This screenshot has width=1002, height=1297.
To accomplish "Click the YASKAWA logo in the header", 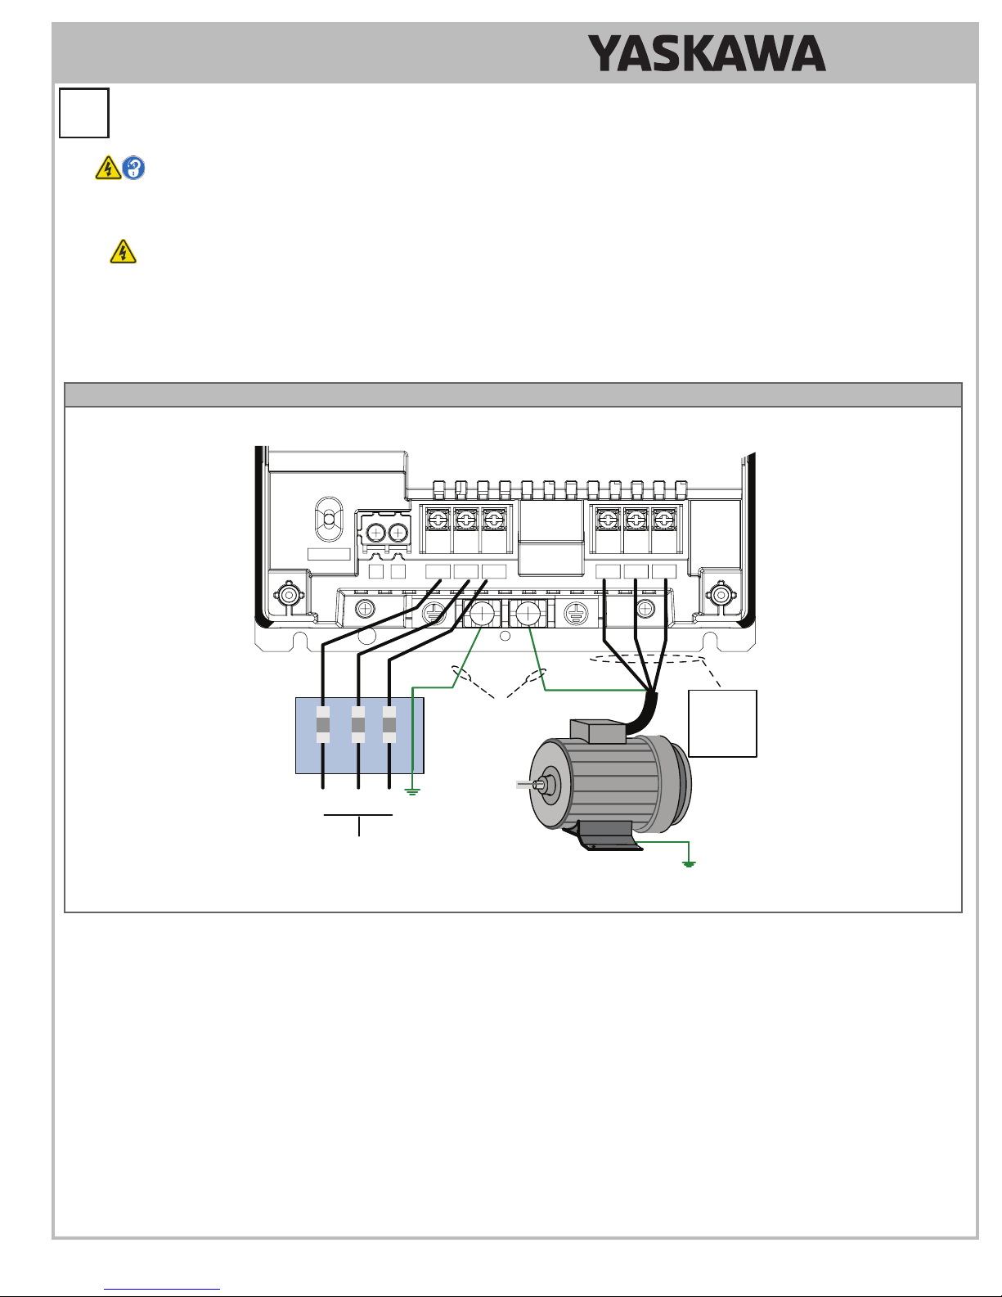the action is pyautogui.click(x=707, y=53).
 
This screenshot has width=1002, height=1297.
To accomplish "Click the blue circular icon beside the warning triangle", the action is pyautogui.click(x=133, y=168).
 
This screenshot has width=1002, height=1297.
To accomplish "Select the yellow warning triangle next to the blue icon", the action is pyautogui.click(x=108, y=168).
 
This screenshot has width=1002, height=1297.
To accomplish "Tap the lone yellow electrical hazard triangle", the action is pyautogui.click(x=123, y=251).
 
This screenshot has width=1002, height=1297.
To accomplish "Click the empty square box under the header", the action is pyautogui.click(x=84, y=113).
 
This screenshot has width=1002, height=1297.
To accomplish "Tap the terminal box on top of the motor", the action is pyautogui.click(x=598, y=732).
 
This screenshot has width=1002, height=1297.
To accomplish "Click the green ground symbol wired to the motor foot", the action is pyautogui.click(x=689, y=863).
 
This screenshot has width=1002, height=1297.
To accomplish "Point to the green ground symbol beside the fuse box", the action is pyautogui.click(x=412, y=792).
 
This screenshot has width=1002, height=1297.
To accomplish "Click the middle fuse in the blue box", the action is pyautogui.click(x=358, y=724).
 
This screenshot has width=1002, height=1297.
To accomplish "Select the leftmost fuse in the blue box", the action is pyautogui.click(x=322, y=724).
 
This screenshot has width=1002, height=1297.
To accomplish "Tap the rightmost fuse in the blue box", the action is pyautogui.click(x=389, y=724).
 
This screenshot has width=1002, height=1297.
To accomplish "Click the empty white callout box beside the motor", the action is pyautogui.click(x=722, y=723).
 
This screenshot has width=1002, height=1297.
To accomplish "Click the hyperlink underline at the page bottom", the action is pyautogui.click(x=162, y=1290).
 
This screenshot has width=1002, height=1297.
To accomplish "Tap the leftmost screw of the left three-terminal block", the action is pyautogui.click(x=437, y=520).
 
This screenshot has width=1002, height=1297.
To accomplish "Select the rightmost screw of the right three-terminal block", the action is pyautogui.click(x=663, y=520).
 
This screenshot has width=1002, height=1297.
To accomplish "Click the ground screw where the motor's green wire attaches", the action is pyautogui.click(x=528, y=613).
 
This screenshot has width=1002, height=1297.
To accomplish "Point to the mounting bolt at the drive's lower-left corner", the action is pyautogui.click(x=290, y=594).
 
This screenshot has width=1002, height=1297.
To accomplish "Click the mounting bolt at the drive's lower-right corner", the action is pyautogui.click(x=721, y=594).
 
